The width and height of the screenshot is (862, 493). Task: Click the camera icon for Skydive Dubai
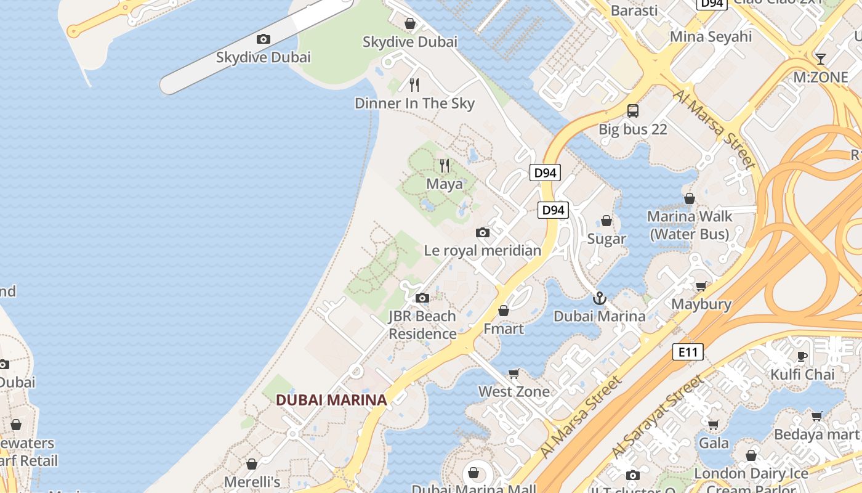(x=264, y=39)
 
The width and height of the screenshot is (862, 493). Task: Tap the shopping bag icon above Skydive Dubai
(x=410, y=23)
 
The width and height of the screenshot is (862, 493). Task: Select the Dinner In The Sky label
(x=414, y=103)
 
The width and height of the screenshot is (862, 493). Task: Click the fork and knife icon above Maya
(x=445, y=165)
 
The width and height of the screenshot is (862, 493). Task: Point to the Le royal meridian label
(x=483, y=250)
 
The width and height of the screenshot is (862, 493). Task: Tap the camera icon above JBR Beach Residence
(x=422, y=298)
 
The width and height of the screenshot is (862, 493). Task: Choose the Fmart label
(x=504, y=328)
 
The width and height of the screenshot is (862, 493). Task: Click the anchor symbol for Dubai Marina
(x=599, y=299)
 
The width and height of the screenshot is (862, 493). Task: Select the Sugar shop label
(x=606, y=238)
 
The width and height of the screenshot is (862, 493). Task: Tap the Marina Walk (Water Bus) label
(x=690, y=225)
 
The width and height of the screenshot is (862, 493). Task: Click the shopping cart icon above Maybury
(x=701, y=287)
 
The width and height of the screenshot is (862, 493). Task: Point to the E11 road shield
(x=687, y=352)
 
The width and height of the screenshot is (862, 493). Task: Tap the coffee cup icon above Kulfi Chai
(x=802, y=356)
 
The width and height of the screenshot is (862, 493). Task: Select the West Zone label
(x=514, y=391)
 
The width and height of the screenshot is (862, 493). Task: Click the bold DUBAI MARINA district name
(x=331, y=399)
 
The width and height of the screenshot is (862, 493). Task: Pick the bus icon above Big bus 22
(x=633, y=111)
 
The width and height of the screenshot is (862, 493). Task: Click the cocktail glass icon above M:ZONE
(x=820, y=59)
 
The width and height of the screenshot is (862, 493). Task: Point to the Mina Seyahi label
(x=711, y=36)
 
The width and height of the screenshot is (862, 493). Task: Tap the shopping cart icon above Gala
(x=714, y=425)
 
